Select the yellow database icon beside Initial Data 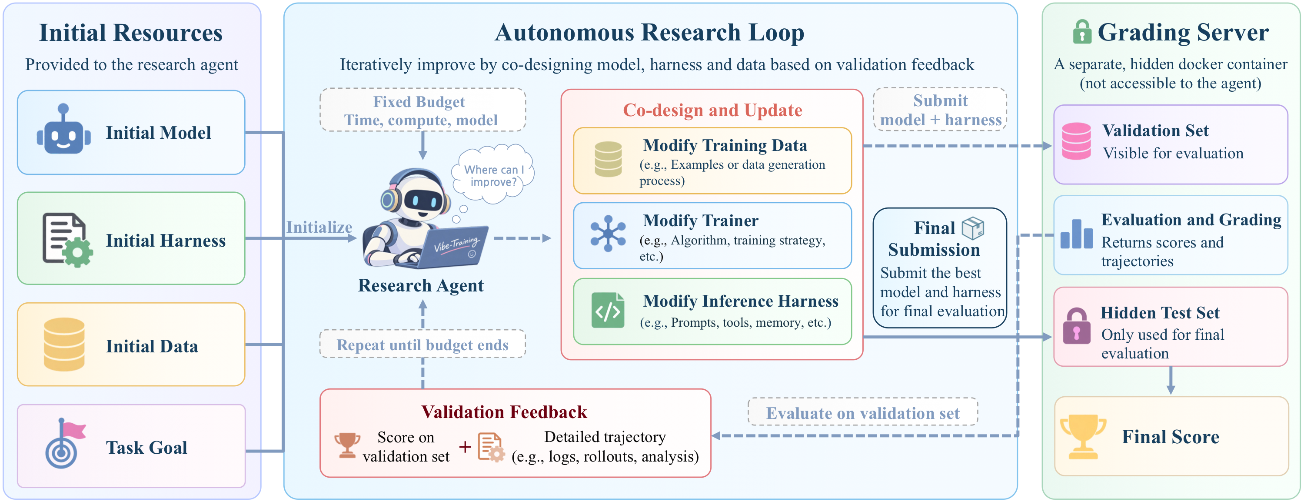(x=64, y=345)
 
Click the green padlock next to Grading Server (x=1082, y=31)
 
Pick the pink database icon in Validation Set (x=1076, y=141)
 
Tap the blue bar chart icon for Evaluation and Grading (x=1076, y=234)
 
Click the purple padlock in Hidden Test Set (x=1077, y=326)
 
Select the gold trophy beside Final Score (x=1083, y=437)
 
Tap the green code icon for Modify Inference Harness (x=608, y=311)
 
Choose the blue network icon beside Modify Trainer (x=608, y=234)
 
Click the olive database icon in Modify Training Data (x=608, y=159)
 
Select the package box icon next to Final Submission (x=972, y=228)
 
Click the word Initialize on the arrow (x=319, y=227)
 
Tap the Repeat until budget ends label (x=422, y=345)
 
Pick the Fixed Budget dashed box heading (x=419, y=102)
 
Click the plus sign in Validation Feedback (x=465, y=447)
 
